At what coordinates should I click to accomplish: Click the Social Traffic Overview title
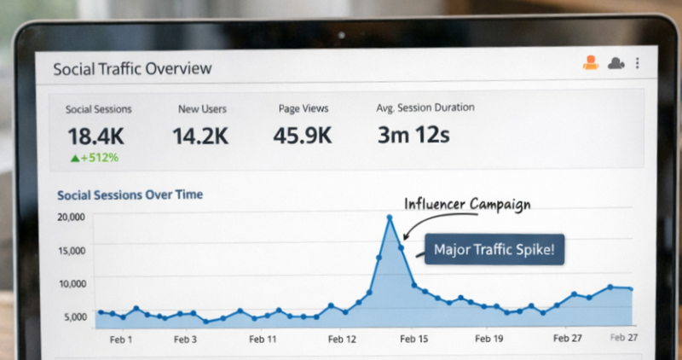tap(132, 68)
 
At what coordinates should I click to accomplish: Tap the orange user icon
tap(590, 62)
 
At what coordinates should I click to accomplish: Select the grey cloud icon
tap(616, 63)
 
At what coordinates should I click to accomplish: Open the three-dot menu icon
tap(638, 63)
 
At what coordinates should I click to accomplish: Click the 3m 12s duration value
tap(413, 135)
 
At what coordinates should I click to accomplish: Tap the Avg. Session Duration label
tap(425, 108)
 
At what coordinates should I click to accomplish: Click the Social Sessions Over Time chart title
tap(130, 195)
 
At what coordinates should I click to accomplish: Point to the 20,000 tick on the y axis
tap(71, 217)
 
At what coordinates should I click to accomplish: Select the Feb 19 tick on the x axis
tap(488, 340)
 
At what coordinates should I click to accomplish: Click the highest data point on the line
tap(390, 218)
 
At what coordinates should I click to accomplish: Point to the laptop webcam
tap(341, 36)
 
